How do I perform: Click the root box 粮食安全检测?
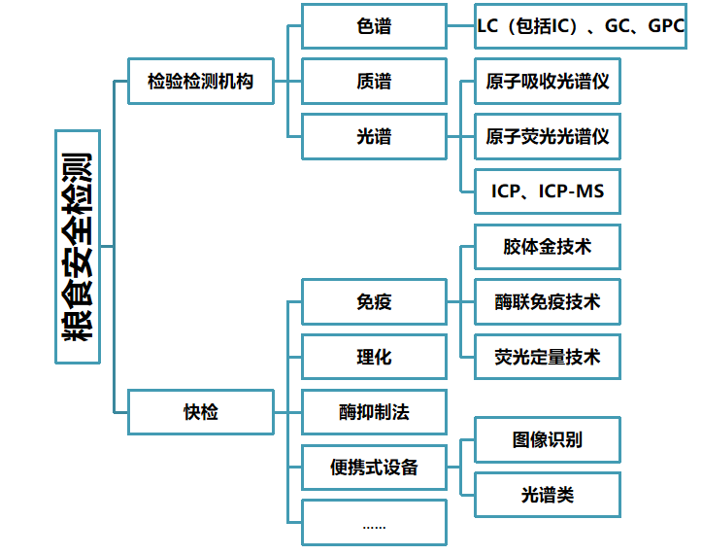coord(77,246)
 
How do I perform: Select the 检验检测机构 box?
coord(201,81)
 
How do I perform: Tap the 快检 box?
coord(201,411)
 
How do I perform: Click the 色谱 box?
coord(374,26)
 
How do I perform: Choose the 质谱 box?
coord(374,82)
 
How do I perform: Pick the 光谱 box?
coord(374,136)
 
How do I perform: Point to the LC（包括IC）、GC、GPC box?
coord(581,26)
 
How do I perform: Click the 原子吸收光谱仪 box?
coord(548,82)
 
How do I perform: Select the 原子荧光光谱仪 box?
coord(548,136)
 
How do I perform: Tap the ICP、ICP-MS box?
coord(548,191)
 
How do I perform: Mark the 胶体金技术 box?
coord(548,247)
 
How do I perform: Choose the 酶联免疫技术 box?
coord(548,302)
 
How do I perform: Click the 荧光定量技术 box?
coord(548,357)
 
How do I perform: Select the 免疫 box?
coord(374,302)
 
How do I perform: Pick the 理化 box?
coord(374,357)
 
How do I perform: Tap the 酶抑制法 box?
coord(374,412)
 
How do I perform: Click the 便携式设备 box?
coord(374,467)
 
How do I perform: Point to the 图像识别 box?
coord(548,439)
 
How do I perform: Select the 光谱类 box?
coord(548,494)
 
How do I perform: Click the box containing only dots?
coord(374,523)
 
